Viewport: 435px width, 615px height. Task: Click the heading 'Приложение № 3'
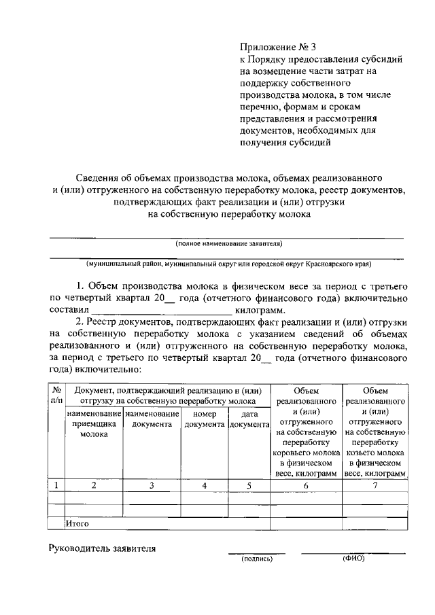(278, 48)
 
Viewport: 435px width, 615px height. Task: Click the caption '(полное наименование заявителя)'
(228, 243)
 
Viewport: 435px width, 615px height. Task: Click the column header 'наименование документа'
(152, 419)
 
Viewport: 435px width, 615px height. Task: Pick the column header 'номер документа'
(205, 419)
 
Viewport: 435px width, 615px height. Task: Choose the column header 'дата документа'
(249, 419)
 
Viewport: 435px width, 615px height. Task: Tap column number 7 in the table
(375, 485)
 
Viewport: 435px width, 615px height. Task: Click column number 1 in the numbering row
(56, 485)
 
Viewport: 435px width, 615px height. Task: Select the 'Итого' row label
(77, 524)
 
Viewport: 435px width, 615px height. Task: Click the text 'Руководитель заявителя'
(102, 548)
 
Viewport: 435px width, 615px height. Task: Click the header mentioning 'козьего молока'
(375, 451)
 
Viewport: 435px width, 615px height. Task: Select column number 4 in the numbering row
(205, 485)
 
